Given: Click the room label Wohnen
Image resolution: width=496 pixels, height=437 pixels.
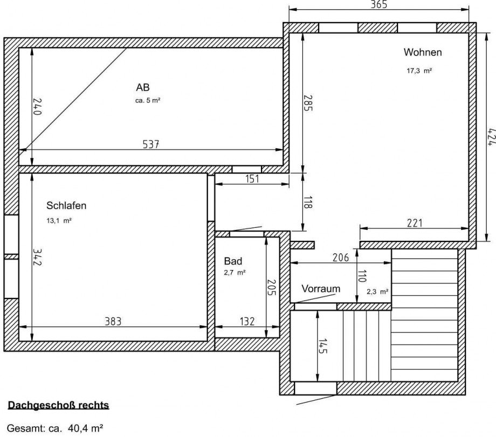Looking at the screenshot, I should [423, 52].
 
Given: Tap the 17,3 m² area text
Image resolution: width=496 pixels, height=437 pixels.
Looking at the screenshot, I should [419, 71].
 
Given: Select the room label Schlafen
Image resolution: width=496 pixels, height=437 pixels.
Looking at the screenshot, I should [66, 205].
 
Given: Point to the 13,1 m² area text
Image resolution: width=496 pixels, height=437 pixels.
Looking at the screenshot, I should [59, 220].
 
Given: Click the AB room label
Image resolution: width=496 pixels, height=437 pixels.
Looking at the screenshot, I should [143, 87].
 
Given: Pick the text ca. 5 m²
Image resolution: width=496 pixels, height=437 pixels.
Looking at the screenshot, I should [148, 100].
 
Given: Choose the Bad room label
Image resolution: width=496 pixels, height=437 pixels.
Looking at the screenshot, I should [233, 261].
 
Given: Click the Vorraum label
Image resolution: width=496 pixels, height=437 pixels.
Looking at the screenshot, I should [321, 289].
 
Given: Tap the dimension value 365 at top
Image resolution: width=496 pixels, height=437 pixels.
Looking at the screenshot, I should [379, 5].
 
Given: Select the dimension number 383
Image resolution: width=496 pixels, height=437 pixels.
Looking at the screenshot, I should [113, 321].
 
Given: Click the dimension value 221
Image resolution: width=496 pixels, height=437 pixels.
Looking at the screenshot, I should [415, 223].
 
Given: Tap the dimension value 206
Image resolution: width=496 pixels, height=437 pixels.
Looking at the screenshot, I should [340, 258].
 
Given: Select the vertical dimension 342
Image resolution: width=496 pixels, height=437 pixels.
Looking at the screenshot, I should [37, 257].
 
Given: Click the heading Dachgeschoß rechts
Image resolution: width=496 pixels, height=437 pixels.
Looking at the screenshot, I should [58, 405].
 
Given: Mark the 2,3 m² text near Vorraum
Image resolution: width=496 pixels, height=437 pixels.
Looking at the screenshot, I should [377, 292].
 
